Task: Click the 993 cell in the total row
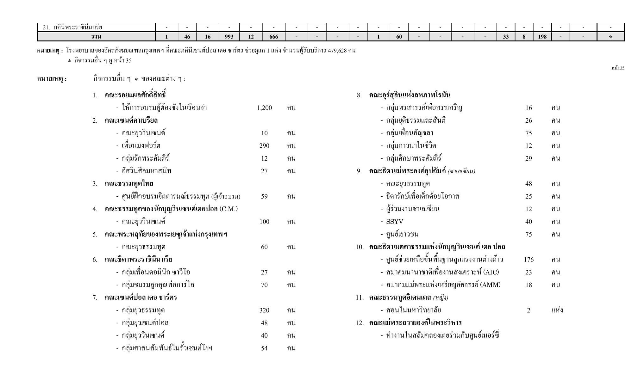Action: (229, 37)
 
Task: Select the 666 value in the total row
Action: (273, 37)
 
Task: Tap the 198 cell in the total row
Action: (542, 37)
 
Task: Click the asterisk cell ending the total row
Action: (610, 37)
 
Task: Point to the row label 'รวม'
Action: (96, 37)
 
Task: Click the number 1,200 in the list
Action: (264, 108)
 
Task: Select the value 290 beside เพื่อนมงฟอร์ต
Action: (264, 146)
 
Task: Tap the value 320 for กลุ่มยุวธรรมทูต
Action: (264, 310)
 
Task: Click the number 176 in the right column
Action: (529, 260)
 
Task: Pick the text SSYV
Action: (395, 222)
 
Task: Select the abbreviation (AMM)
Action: (490, 285)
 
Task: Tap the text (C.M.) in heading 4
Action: (228, 209)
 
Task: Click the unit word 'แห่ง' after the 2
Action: (557, 310)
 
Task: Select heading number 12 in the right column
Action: (359, 323)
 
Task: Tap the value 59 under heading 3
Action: (264, 196)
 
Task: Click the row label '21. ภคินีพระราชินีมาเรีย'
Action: (72, 28)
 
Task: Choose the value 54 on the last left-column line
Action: (264, 348)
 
